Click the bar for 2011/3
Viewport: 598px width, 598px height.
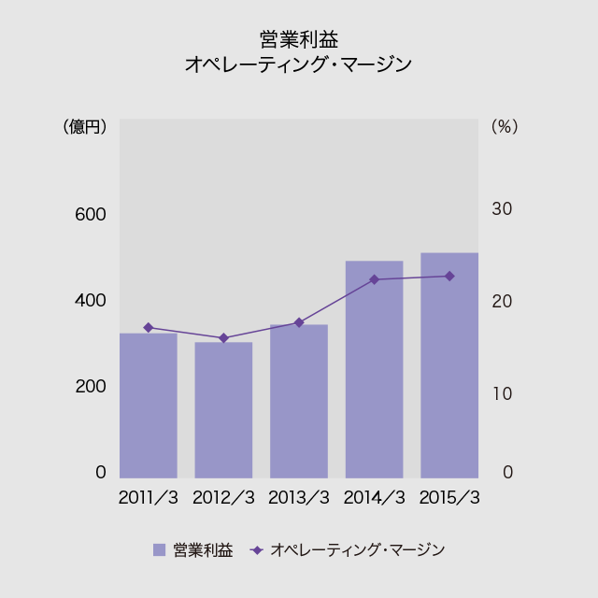tap(149, 406)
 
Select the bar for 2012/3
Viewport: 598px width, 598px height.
tap(223, 410)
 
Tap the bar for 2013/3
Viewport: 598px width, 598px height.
tap(299, 402)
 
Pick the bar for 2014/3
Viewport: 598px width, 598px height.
tap(374, 370)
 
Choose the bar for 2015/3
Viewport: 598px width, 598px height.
tap(449, 365)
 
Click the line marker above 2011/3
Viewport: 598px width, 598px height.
tap(149, 327)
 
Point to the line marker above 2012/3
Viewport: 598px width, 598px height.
tap(223, 338)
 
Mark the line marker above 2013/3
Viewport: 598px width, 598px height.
tap(299, 322)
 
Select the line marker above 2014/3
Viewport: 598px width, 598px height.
tap(374, 279)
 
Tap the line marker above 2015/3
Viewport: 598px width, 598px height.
tap(449, 276)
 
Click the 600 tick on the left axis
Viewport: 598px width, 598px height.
tap(91, 214)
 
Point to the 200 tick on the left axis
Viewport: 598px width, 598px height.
tap(91, 387)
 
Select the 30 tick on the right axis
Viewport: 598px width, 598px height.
tap(502, 209)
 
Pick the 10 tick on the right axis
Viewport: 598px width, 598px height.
tap(502, 393)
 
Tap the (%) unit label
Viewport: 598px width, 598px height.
tap(504, 126)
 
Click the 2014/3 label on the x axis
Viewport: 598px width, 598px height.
tap(375, 497)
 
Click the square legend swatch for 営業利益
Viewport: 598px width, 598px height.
tap(159, 550)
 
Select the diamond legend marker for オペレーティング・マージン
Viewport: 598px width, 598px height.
tap(257, 550)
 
